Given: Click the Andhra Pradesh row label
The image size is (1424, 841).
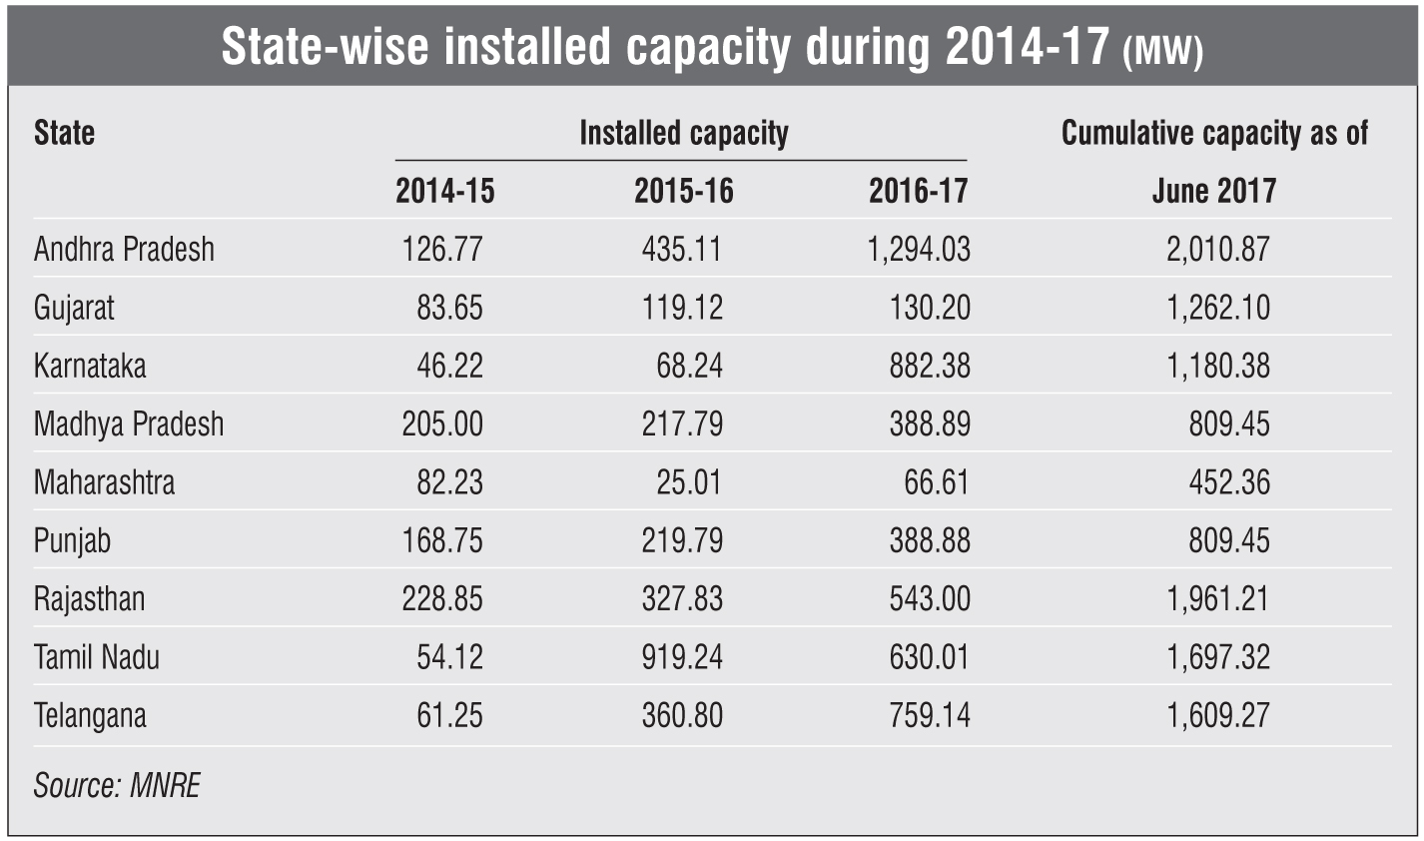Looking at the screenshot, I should pyautogui.click(x=124, y=249).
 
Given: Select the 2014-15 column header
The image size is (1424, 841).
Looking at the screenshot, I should pyautogui.click(x=444, y=191).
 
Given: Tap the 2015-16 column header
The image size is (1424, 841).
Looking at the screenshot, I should pyautogui.click(x=683, y=191).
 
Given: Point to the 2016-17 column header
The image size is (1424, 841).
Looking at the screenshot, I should pyautogui.click(x=919, y=191).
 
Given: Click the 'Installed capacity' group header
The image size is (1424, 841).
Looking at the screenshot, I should pyautogui.click(x=683, y=133).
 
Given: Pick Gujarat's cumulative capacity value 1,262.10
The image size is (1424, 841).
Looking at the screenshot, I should pyautogui.click(x=1218, y=307).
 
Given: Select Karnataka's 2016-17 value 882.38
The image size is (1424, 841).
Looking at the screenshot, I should pyautogui.click(x=930, y=366).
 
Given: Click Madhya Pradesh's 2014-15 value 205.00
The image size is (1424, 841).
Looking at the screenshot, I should pyautogui.click(x=442, y=423).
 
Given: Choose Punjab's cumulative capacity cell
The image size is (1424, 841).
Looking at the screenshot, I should pyautogui.click(x=1229, y=540).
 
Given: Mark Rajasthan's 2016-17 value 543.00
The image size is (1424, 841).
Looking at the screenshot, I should pyautogui.click(x=930, y=599).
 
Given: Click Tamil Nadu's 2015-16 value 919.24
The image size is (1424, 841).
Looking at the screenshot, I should pyautogui.click(x=683, y=657).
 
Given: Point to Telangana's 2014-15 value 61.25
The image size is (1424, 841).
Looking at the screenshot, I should pyautogui.click(x=449, y=716).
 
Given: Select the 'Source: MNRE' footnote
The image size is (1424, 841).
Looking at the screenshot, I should pyautogui.click(x=117, y=785).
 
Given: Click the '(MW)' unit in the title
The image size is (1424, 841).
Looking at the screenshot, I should pyautogui.click(x=1162, y=53).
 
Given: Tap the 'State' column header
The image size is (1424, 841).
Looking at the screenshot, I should pyautogui.click(x=64, y=133).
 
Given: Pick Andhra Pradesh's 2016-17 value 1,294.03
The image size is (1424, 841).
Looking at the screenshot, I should pyautogui.click(x=919, y=249).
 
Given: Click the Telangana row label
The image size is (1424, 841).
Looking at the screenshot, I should pyautogui.click(x=90, y=716).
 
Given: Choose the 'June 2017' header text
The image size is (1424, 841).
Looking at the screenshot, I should pyautogui.click(x=1213, y=191).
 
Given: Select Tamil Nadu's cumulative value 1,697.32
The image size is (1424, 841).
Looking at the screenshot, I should pyautogui.click(x=1218, y=657).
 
